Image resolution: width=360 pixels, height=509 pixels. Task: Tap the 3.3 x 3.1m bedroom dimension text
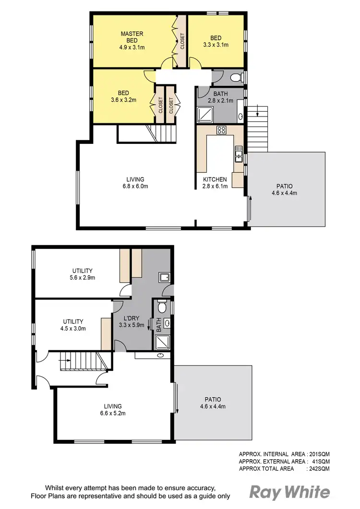216,45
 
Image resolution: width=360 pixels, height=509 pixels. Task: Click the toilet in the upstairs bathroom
236,78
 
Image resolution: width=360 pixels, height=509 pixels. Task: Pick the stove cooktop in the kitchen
221,130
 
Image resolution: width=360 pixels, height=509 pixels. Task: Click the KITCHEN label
215,179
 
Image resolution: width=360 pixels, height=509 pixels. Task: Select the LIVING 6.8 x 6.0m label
136,183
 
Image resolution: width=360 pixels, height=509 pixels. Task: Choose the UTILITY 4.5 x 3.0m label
73,325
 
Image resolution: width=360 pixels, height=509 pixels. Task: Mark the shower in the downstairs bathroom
163,341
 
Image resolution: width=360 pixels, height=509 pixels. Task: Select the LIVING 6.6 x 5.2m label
111,409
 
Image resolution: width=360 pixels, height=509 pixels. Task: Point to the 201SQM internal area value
319,453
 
